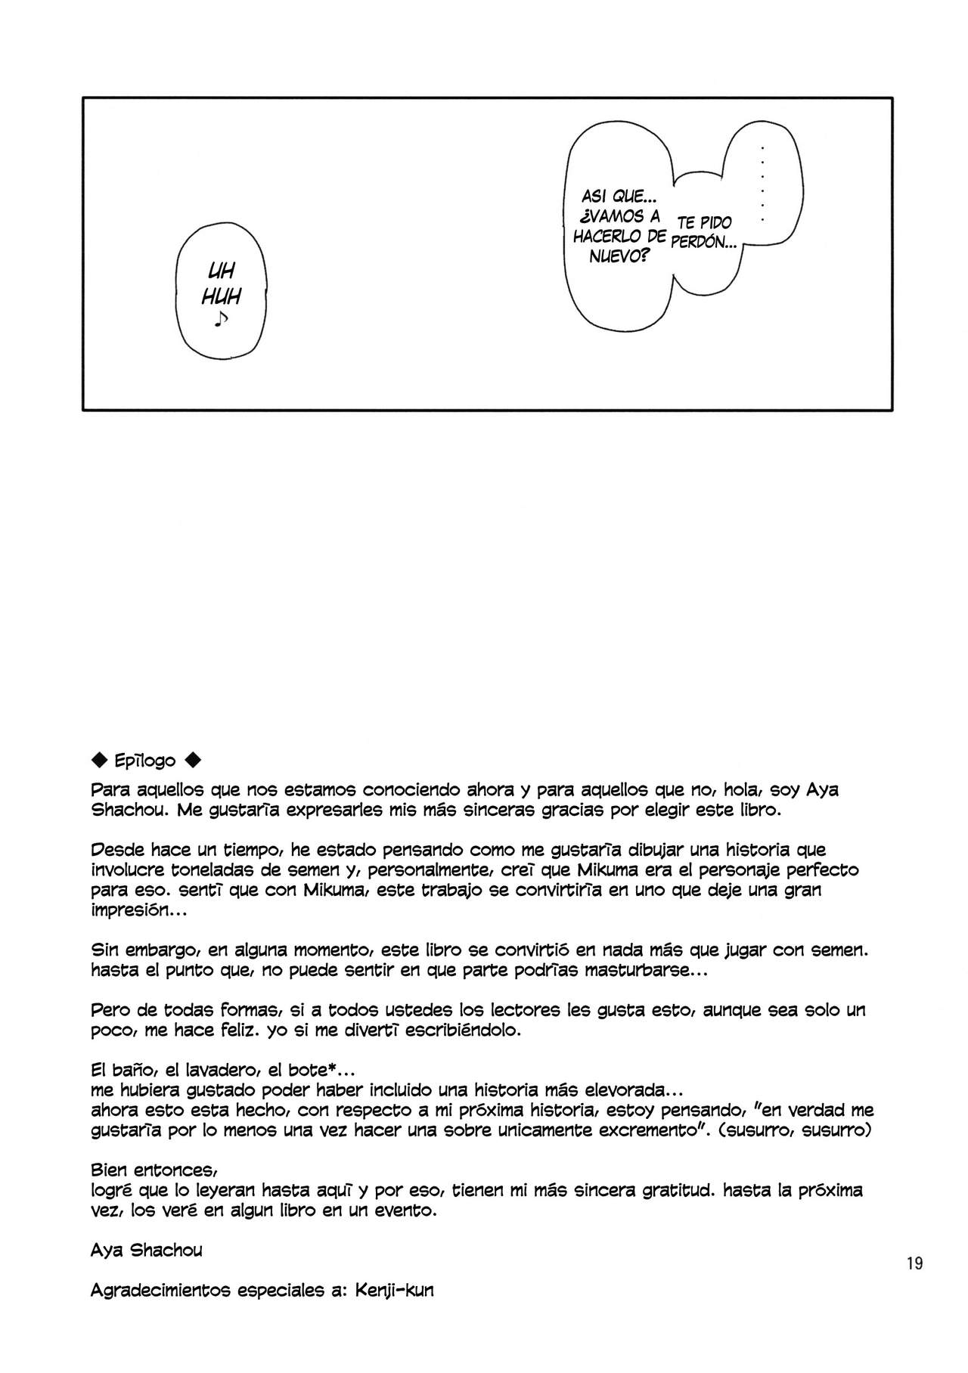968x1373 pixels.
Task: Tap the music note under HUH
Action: [x=220, y=320]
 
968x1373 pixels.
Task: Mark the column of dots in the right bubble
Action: [x=762, y=183]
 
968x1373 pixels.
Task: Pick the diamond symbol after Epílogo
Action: [x=193, y=760]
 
